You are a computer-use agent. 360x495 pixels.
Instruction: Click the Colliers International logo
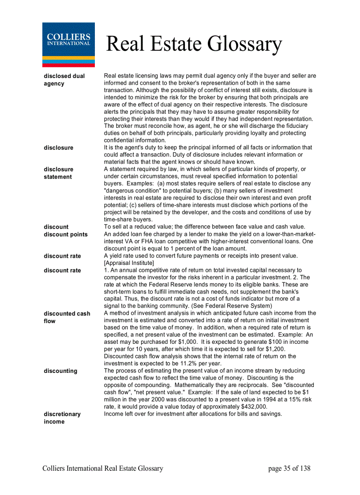68,45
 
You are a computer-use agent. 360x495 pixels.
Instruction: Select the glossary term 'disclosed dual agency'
64,80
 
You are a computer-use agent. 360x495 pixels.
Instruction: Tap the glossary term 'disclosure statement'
59,173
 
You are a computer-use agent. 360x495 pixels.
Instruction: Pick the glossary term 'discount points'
66,234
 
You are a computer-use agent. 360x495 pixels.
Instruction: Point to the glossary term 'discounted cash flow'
67,317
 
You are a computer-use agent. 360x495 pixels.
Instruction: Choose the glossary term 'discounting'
60,371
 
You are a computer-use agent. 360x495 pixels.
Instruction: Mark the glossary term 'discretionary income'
62,418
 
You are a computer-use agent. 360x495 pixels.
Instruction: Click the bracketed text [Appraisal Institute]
129,263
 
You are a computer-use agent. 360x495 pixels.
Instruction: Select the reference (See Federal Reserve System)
232,306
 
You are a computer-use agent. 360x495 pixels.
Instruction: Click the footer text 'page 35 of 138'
289,469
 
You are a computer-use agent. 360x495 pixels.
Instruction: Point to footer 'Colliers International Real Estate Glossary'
103,469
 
